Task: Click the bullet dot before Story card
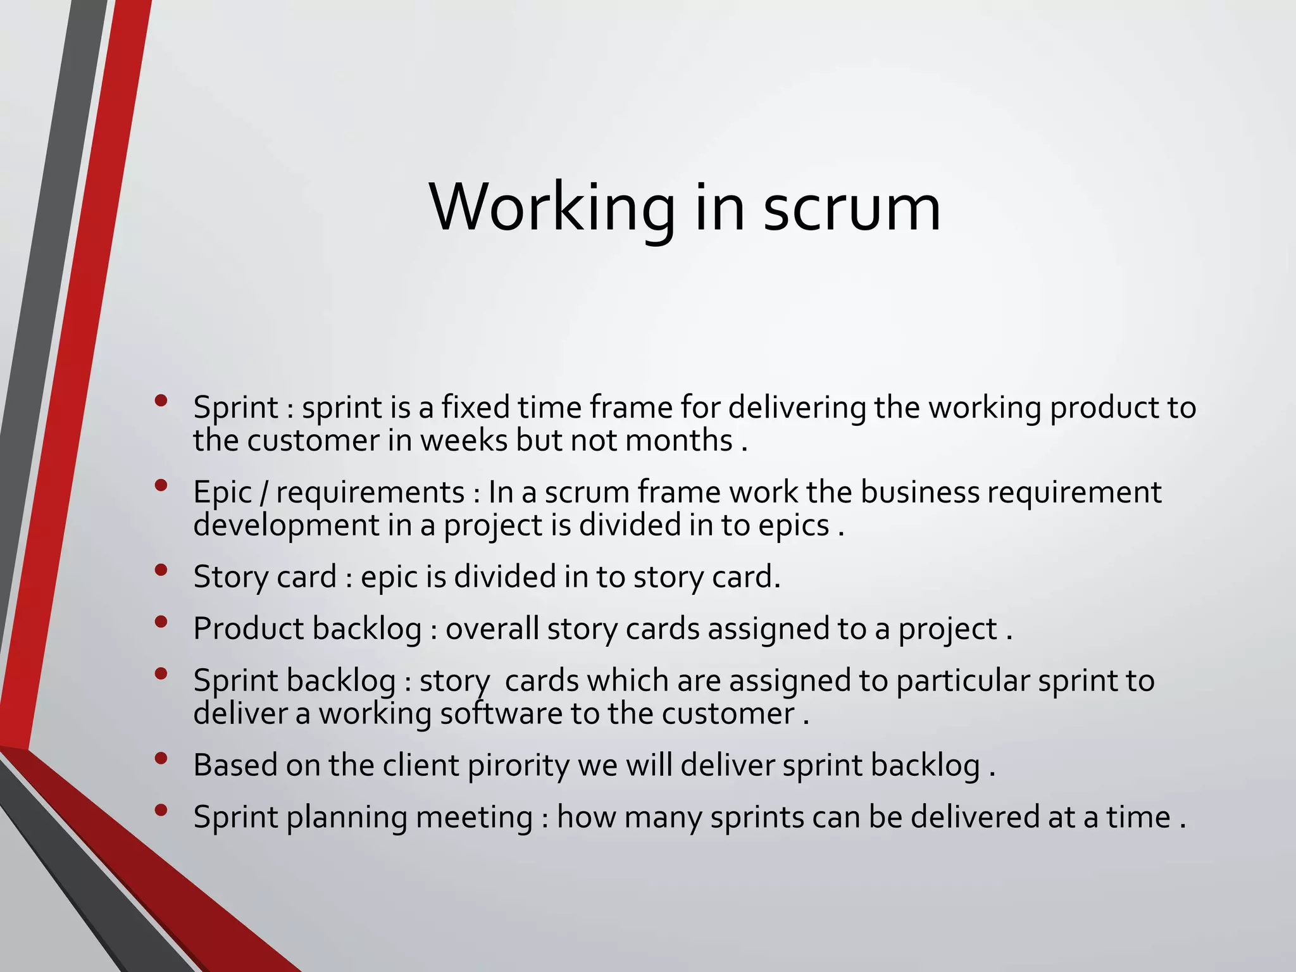pos(161,570)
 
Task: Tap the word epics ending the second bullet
pos(794,525)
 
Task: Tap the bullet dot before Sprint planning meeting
pos(161,810)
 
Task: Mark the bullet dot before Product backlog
pos(161,621)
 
